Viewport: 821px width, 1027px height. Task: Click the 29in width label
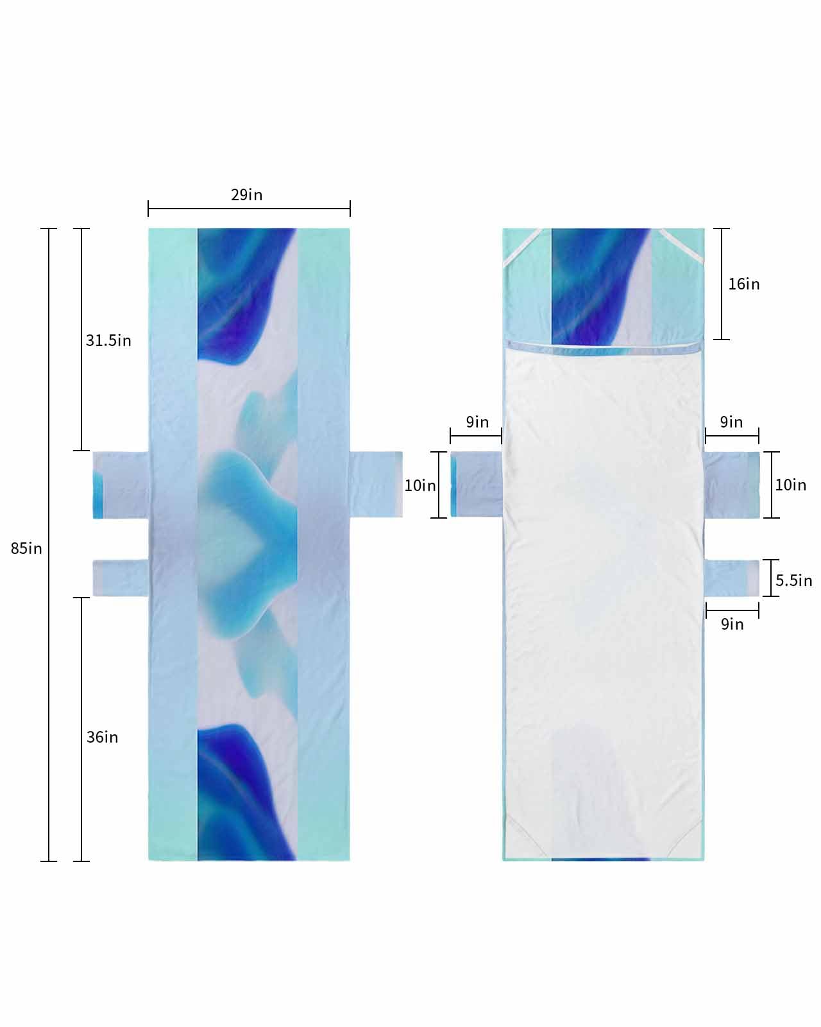tap(247, 194)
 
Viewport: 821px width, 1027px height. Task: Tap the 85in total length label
tap(26, 548)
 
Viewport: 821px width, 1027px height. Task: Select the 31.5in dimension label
tap(108, 340)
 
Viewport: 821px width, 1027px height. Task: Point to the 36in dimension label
tap(103, 737)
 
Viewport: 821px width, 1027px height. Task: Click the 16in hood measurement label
tap(744, 284)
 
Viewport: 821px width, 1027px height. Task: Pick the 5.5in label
tap(793, 580)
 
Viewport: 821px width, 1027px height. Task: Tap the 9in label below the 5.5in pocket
tap(732, 624)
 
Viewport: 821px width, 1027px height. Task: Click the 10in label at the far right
tap(790, 485)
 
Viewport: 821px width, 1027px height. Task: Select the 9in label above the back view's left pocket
tap(477, 422)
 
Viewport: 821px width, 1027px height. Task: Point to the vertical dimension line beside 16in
tap(722, 284)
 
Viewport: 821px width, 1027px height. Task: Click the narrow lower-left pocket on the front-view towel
tap(121, 578)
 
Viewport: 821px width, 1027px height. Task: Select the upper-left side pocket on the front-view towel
tap(121, 485)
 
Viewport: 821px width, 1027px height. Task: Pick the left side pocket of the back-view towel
tap(476, 485)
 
